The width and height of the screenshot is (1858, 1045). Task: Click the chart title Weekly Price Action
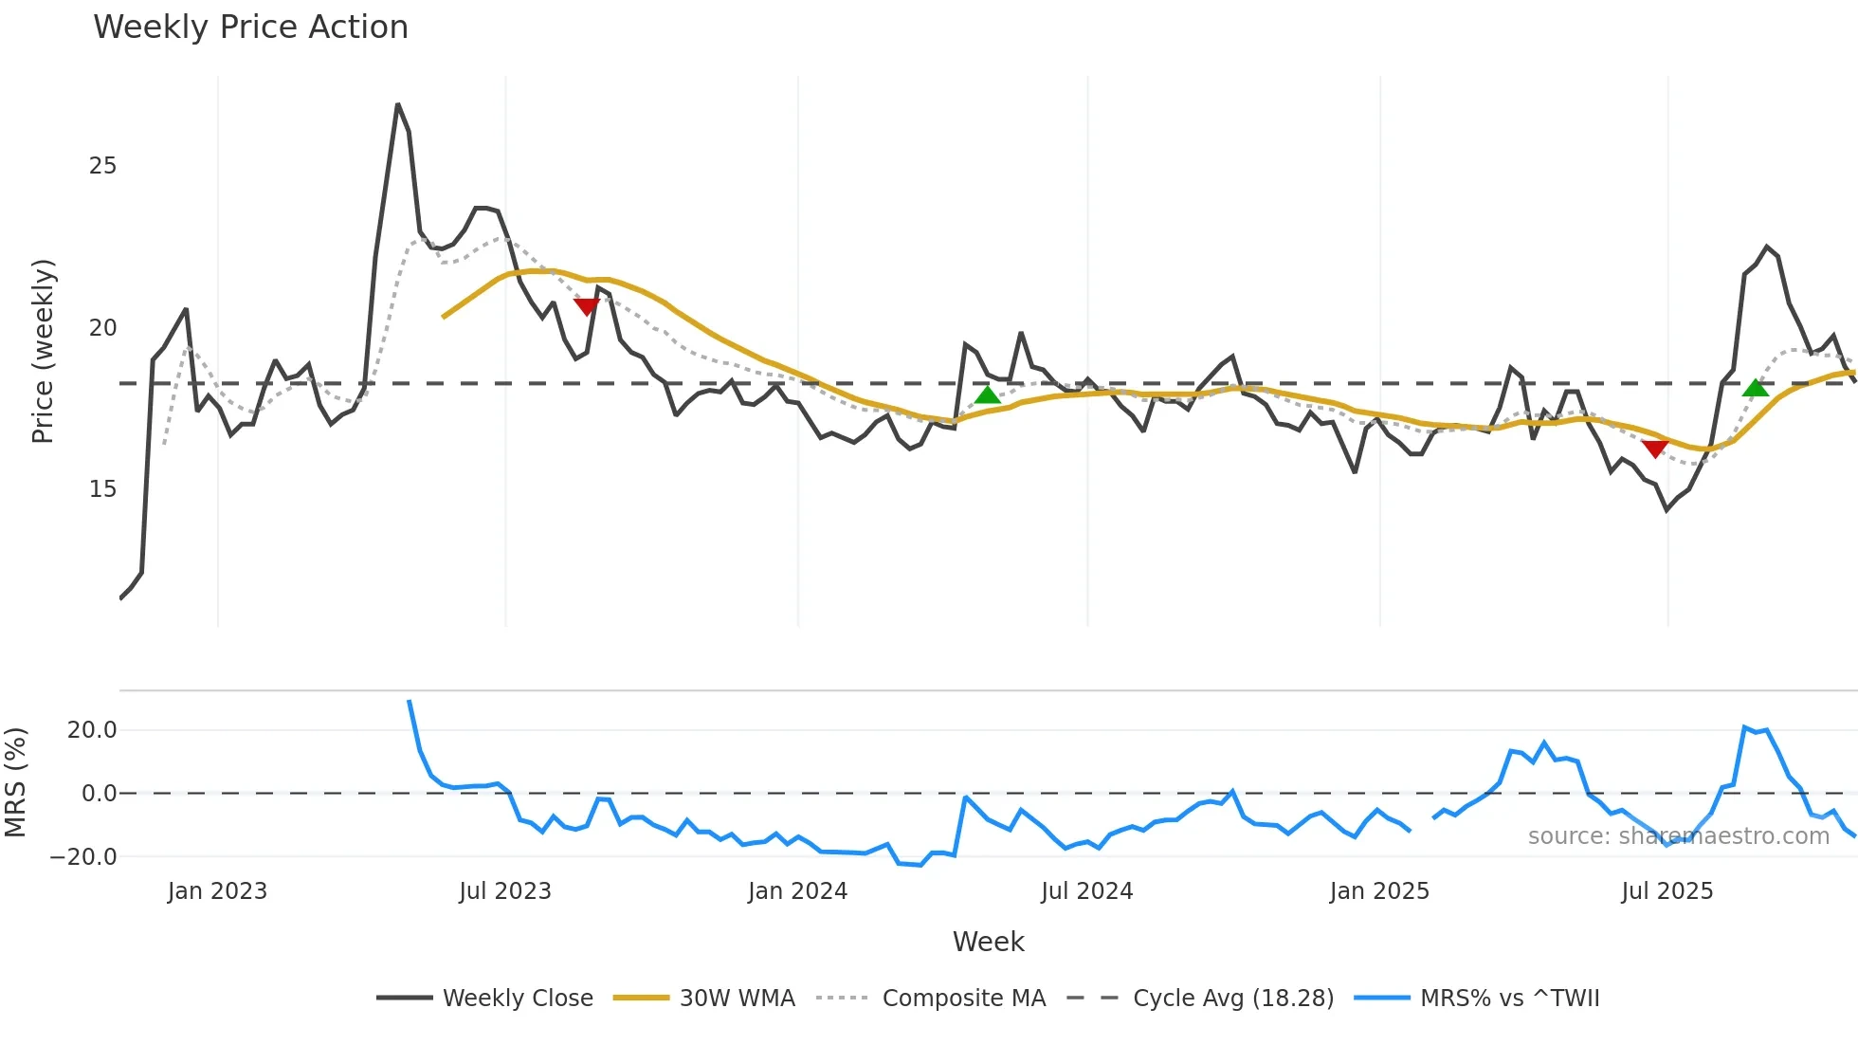[x=250, y=27]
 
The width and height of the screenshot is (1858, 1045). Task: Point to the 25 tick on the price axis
[x=102, y=166]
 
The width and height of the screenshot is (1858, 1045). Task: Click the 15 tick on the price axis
[x=102, y=489]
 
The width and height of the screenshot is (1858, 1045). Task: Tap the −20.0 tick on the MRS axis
[x=83, y=857]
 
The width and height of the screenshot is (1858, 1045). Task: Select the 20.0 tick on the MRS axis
[x=92, y=730]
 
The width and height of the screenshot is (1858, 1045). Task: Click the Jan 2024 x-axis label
[x=797, y=891]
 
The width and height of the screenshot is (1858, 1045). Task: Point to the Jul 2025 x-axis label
[x=1667, y=891]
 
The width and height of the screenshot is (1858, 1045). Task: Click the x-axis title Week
[x=988, y=942]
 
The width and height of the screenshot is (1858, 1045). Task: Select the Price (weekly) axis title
[x=43, y=351]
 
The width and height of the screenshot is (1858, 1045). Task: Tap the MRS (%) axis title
[x=15, y=782]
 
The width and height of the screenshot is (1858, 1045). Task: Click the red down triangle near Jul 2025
[x=1655, y=449]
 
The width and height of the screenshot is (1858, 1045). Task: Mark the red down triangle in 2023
[x=587, y=306]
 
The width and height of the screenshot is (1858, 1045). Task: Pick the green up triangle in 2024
[x=988, y=394]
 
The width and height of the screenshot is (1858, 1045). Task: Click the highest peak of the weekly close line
[x=398, y=104]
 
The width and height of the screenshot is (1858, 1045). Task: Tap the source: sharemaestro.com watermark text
[x=1678, y=836]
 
